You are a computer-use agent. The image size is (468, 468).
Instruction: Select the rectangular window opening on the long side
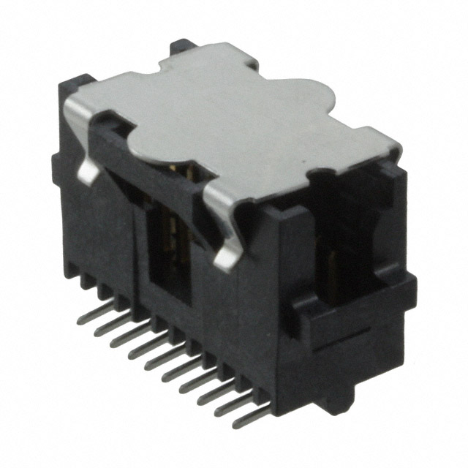(170, 256)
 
